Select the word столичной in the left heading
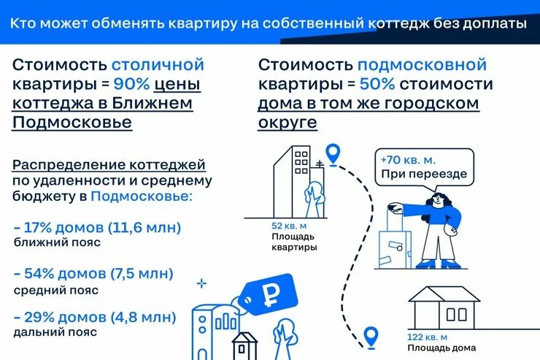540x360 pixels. click(158, 66)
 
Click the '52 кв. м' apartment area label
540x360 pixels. click(288, 225)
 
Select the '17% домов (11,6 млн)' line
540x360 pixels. click(98, 228)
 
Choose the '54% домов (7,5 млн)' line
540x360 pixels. click(94, 274)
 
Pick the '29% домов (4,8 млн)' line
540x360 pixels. click(96, 318)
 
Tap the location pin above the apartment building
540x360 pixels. click(333, 153)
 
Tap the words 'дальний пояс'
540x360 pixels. click(45, 332)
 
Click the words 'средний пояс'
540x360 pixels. click(45, 289)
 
